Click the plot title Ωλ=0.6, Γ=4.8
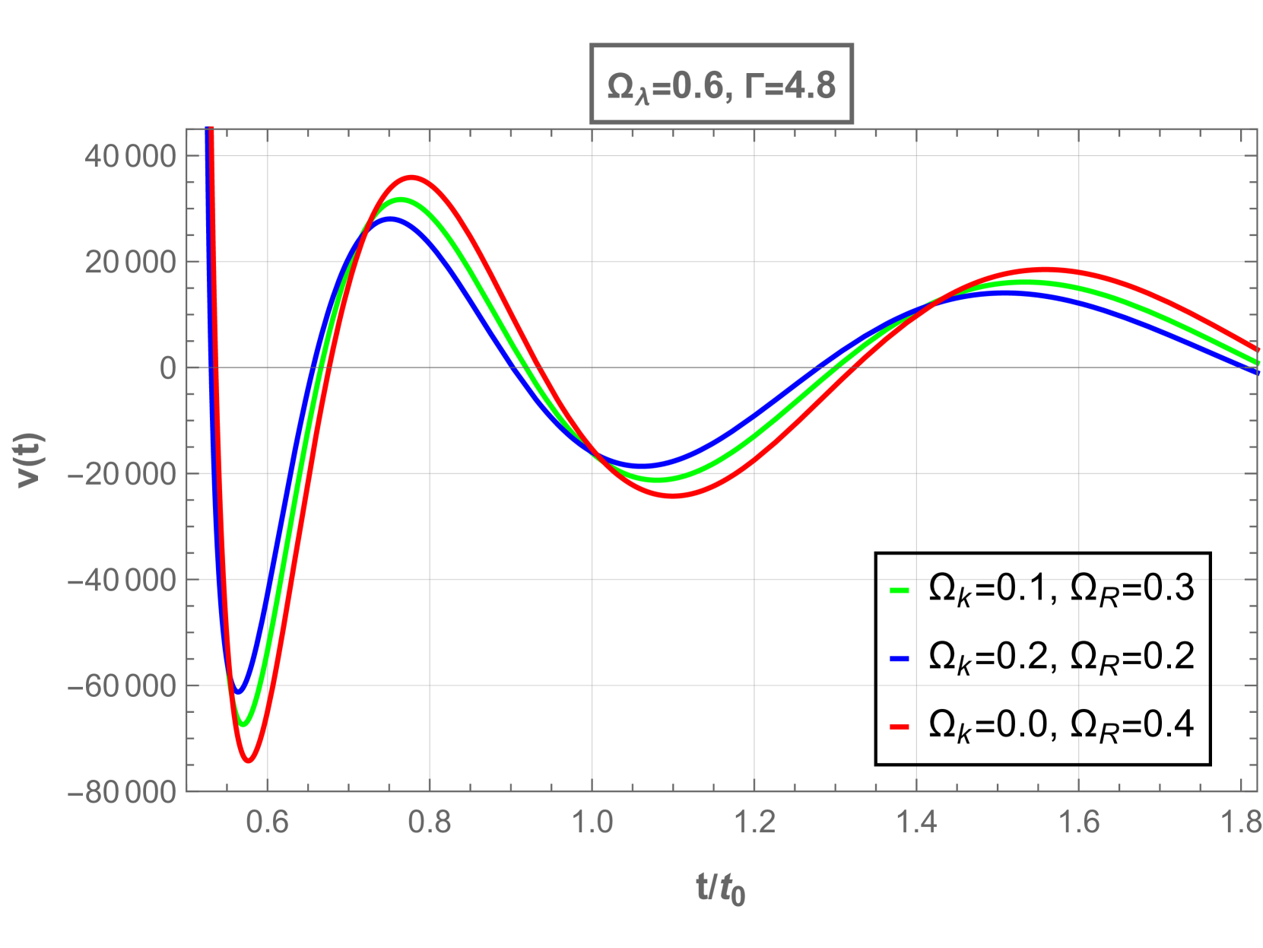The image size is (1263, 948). pos(721,84)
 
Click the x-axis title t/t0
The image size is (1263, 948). pos(720,888)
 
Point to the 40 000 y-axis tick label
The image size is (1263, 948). pos(130,157)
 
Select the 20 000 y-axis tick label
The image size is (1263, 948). pos(130,262)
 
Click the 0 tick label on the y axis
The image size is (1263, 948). pos(167,368)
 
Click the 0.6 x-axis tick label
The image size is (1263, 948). pos(267,822)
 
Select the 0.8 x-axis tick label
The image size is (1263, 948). pos(429,822)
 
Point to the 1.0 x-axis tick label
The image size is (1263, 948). pos(592,822)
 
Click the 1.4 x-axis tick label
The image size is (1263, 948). pos(916,822)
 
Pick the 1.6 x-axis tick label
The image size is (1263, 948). pos(1078,822)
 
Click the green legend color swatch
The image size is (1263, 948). pos(900,590)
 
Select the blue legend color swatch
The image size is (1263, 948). pos(900,659)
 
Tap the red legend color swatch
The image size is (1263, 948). pos(900,727)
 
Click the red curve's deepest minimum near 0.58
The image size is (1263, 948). pos(249,759)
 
